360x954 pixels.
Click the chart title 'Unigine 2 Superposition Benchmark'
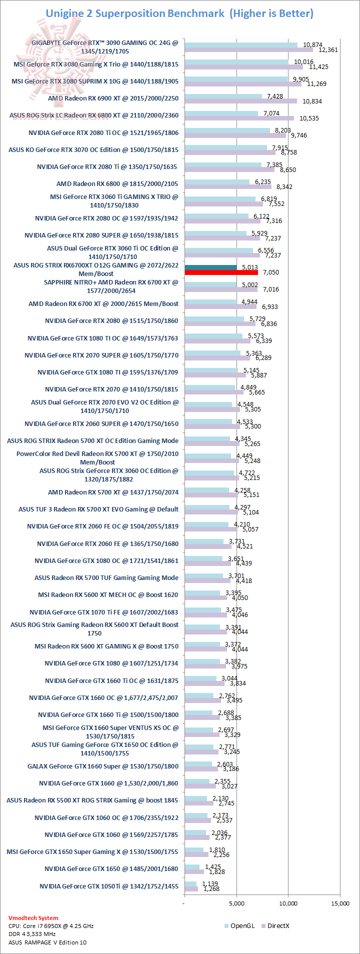(x=135, y=13)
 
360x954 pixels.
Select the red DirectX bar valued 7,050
(x=221, y=272)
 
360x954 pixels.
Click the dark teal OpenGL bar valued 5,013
(x=210, y=267)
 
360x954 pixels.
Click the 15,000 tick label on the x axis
(x=340, y=903)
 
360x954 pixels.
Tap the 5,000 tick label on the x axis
(x=236, y=903)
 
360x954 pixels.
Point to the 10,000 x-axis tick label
(x=288, y=903)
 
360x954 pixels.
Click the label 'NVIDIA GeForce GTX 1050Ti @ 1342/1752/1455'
(x=109, y=886)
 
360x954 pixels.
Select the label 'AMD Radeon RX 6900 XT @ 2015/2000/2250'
(x=113, y=98)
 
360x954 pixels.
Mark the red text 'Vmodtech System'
(x=33, y=917)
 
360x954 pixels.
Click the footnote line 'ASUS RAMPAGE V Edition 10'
(x=47, y=942)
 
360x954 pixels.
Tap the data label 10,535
(x=309, y=118)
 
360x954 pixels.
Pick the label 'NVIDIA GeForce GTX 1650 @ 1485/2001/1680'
(x=111, y=868)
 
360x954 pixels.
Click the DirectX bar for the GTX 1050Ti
(x=191, y=888)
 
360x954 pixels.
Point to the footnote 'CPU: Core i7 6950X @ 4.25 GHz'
(x=51, y=925)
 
